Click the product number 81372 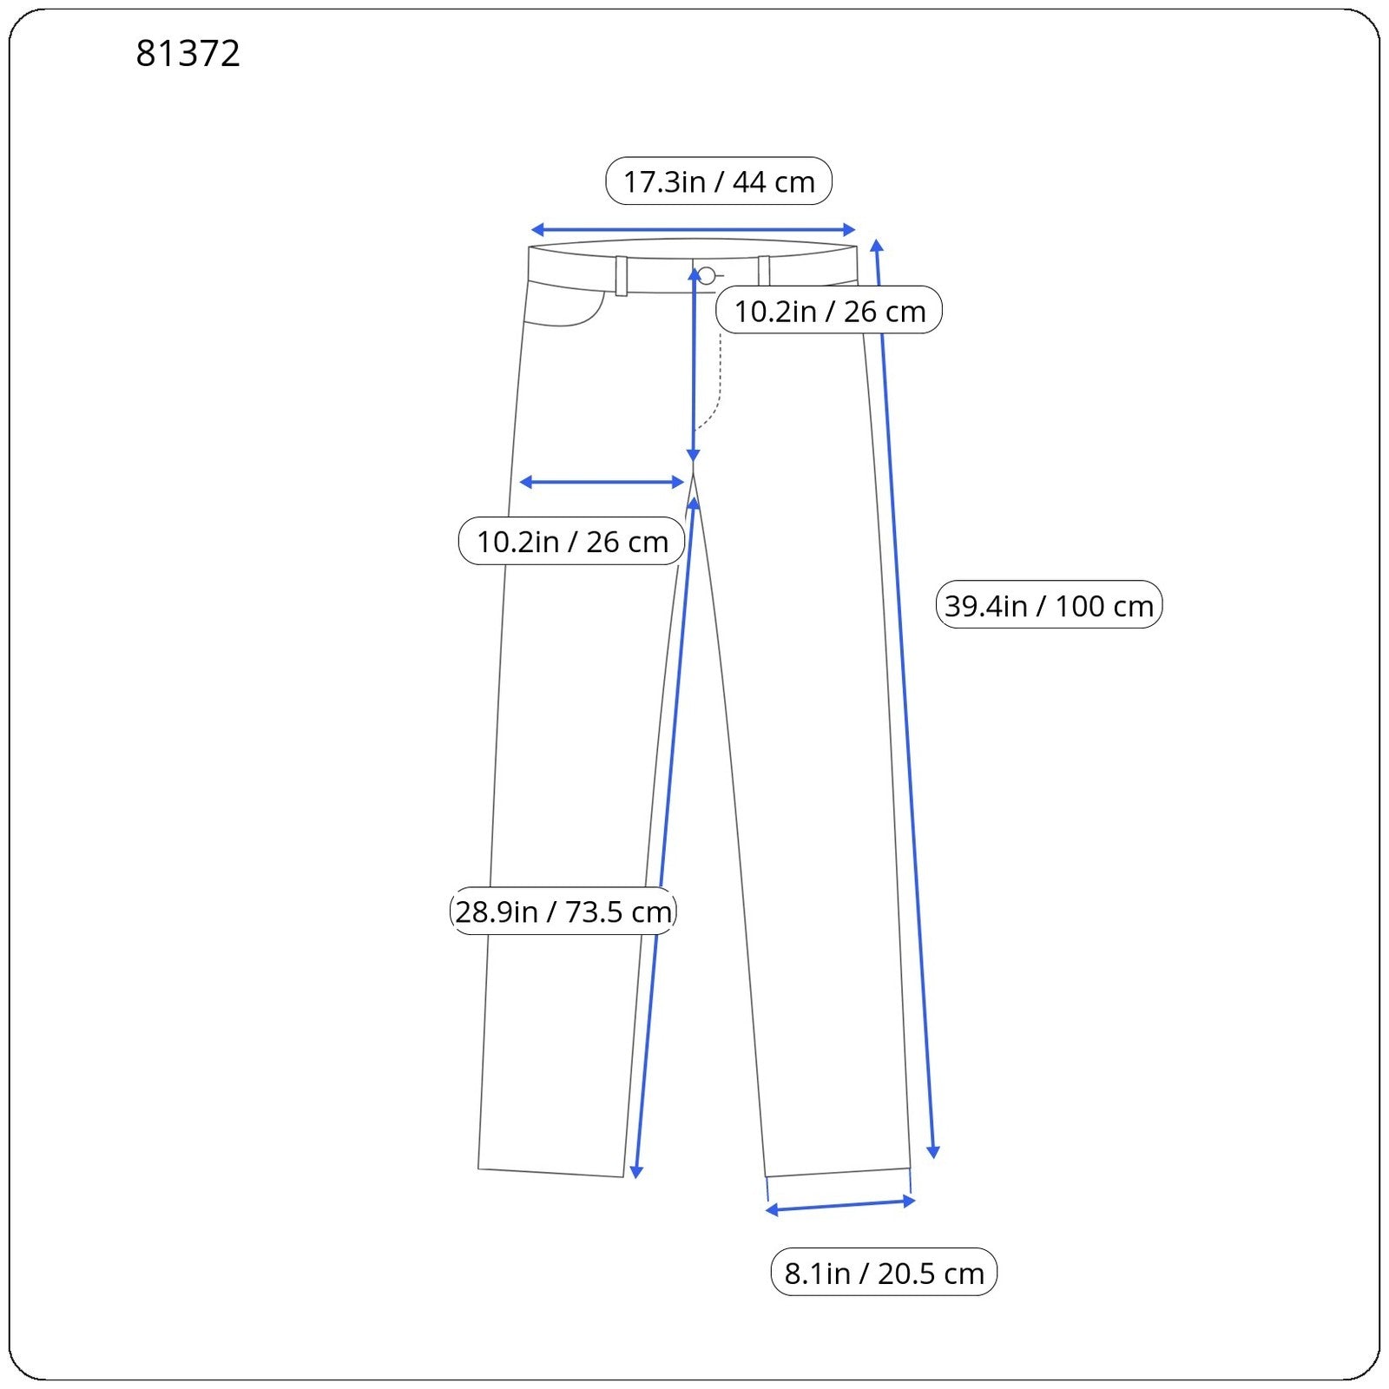[x=188, y=54]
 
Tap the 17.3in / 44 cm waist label [x=719, y=181]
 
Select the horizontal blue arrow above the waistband [x=693, y=230]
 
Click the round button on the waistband [x=707, y=276]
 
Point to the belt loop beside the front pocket [x=622, y=276]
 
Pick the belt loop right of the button [x=764, y=271]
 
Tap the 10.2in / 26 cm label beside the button [x=830, y=311]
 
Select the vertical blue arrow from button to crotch [x=694, y=365]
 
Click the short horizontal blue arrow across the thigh [x=602, y=482]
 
